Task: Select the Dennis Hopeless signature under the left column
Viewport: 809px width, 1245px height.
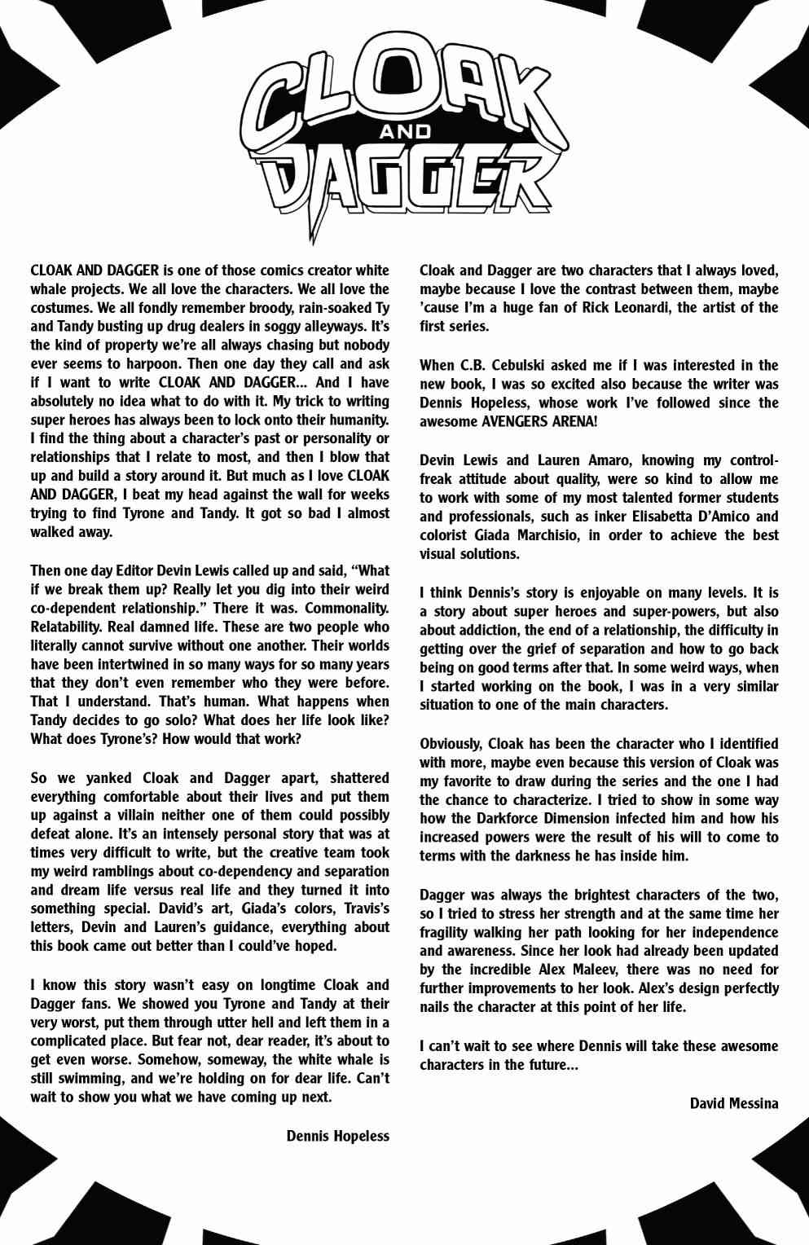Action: [337, 1136]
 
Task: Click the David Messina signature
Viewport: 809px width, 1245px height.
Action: [733, 1103]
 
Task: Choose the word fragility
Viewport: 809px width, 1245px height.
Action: [447, 932]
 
